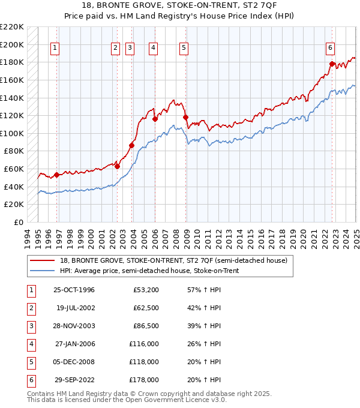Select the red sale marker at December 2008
(x=185, y=118)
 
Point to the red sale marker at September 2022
(x=332, y=64)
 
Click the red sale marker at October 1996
(x=56, y=175)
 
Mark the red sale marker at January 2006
(x=155, y=119)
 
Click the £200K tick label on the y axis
(x=12, y=45)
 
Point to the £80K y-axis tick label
(x=14, y=152)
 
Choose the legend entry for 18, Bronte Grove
(x=174, y=260)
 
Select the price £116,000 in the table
(x=143, y=344)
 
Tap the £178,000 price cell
(x=143, y=380)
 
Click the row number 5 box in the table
(x=30, y=362)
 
